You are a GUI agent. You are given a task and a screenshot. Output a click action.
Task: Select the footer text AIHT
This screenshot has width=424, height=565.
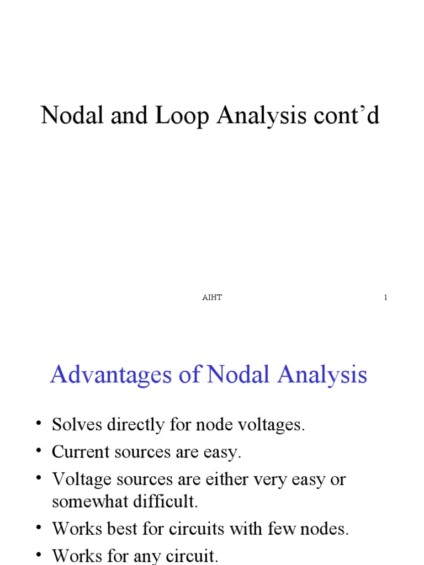coord(212,298)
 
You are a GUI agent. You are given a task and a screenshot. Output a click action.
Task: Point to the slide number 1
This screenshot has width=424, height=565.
coord(385,298)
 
